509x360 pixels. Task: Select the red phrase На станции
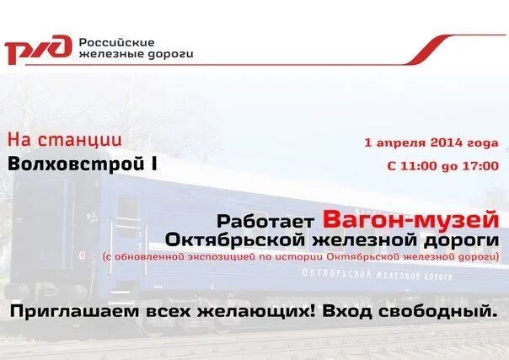65,139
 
